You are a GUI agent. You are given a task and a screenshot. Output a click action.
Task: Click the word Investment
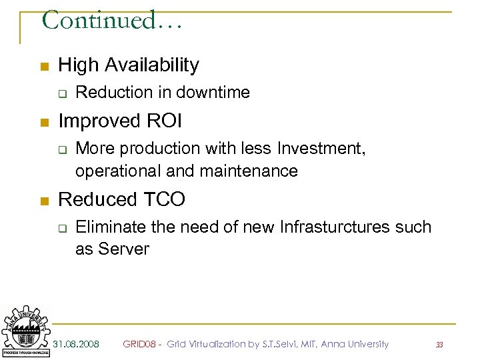point(321,148)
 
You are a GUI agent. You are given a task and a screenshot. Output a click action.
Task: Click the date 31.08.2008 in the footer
point(76,344)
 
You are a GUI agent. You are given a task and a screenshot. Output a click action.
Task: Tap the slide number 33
point(439,345)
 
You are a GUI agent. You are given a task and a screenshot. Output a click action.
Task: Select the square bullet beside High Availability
point(43,66)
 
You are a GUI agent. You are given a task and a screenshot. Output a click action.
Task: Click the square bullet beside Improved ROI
point(43,123)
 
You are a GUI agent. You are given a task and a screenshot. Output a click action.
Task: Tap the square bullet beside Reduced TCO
point(43,200)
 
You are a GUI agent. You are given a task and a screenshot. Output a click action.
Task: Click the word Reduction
point(107,93)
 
